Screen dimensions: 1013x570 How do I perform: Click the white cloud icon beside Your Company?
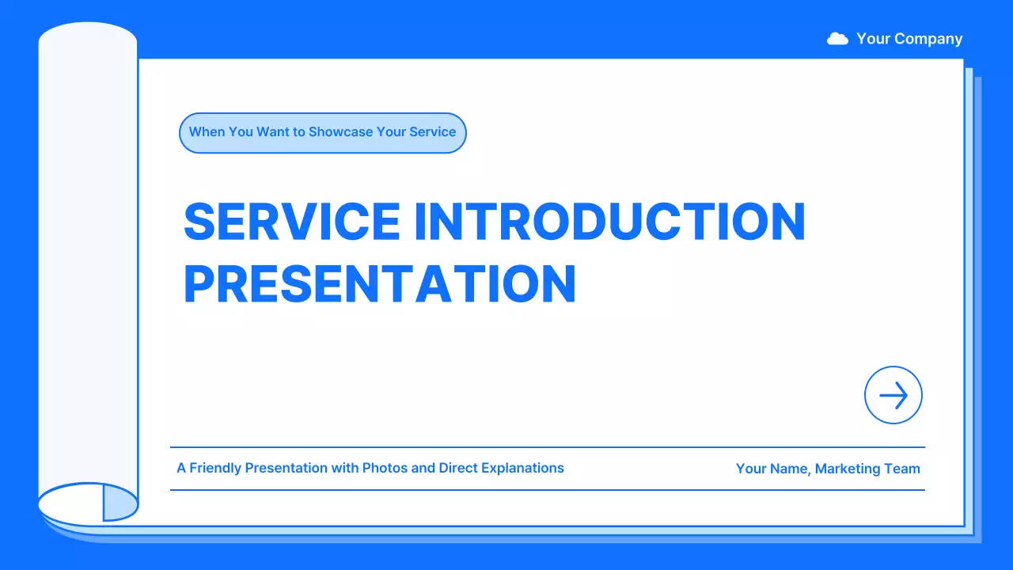pos(837,39)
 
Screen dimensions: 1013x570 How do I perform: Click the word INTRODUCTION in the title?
pos(610,221)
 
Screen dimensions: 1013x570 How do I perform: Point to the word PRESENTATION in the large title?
pos(380,283)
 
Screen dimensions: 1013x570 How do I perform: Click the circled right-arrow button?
pos(893,395)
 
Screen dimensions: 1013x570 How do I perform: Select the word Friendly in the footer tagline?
pos(214,468)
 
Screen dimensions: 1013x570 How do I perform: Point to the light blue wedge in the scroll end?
pos(120,503)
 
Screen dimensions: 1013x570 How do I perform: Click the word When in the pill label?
pos(207,131)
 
